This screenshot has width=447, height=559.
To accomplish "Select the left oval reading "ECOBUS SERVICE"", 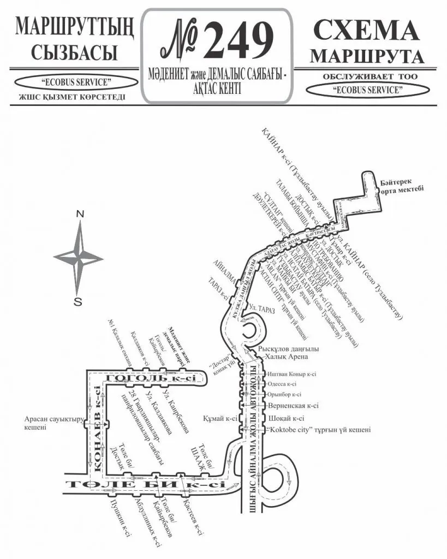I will pyautogui.click(x=76, y=82).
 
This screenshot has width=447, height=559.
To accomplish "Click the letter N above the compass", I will pyautogui.click(x=80, y=214).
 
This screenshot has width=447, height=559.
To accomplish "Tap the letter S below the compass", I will pyautogui.click(x=78, y=301).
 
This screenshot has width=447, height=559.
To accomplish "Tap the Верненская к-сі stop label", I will pyautogui.click(x=293, y=406).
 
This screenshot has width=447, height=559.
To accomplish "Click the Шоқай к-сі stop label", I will pyautogui.click(x=286, y=419).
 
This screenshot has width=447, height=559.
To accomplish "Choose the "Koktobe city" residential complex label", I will pyautogui.click(x=319, y=430).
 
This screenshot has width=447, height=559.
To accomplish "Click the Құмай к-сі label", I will pyautogui.click(x=220, y=419).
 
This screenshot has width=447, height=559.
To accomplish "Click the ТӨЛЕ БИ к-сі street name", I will pyautogui.click(x=145, y=484).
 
